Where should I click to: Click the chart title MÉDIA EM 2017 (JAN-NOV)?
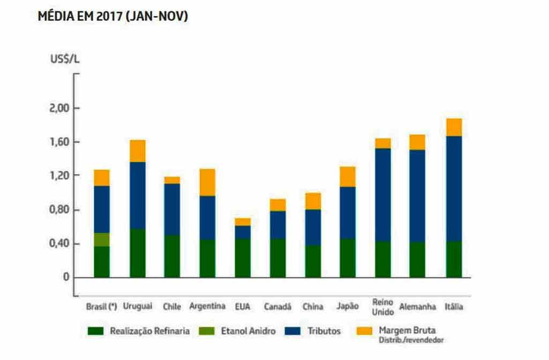(113, 17)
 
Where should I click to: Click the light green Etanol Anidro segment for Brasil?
(102, 239)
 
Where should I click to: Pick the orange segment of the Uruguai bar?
(137, 151)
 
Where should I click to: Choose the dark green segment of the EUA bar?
(242, 258)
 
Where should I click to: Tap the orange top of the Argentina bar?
(207, 182)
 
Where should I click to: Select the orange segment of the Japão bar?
(347, 177)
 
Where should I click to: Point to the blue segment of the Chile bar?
(172, 209)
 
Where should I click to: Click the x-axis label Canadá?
(277, 307)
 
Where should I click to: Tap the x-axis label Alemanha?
(416, 307)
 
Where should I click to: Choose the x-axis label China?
(313, 307)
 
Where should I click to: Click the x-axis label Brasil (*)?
(101, 307)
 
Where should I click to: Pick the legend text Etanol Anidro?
(248, 331)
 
